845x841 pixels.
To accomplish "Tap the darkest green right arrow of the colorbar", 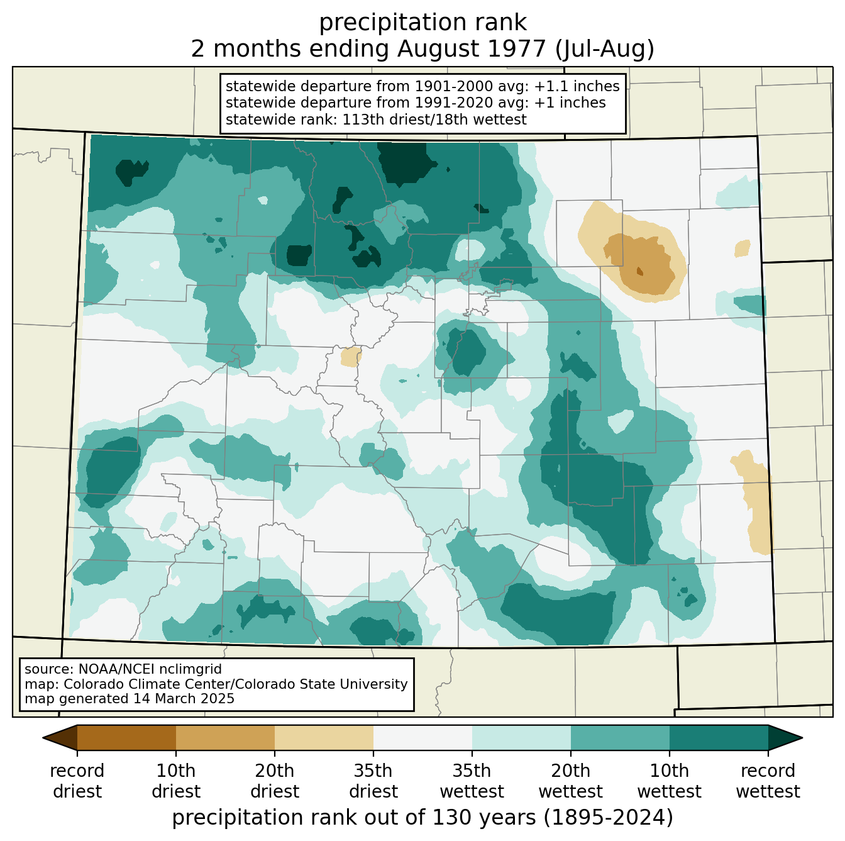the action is [785, 737].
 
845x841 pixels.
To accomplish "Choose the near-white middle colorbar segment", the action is [422, 737].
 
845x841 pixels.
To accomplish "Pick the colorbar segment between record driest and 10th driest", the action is [127, 737].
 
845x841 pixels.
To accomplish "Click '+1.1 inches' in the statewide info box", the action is [577, 86].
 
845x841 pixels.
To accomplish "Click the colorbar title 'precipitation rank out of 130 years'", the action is [354, 817].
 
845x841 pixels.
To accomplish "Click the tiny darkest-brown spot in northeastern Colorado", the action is [640, 271].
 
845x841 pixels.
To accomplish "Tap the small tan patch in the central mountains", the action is [351, 357].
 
